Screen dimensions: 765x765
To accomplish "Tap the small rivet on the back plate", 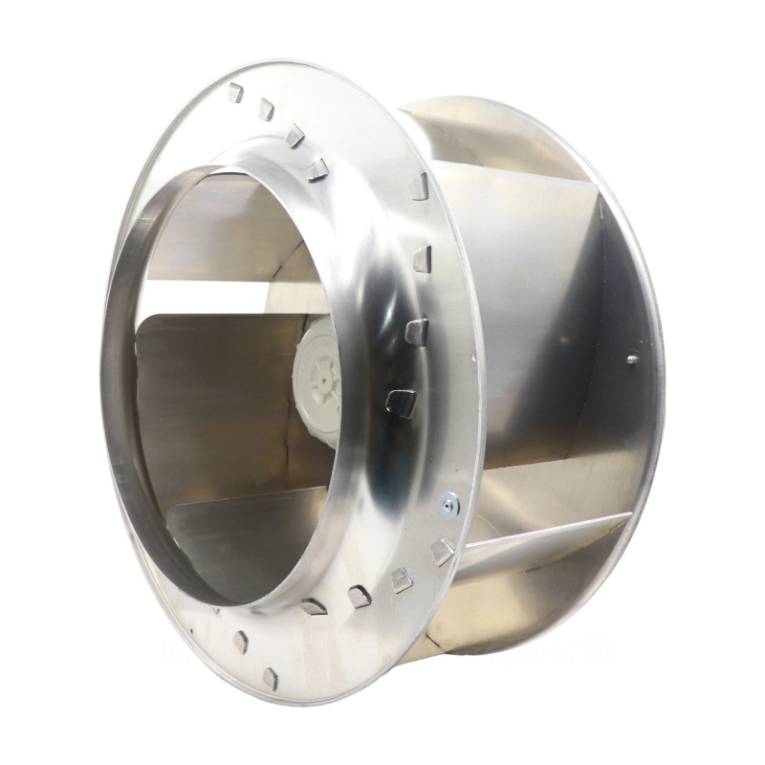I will [631, 361].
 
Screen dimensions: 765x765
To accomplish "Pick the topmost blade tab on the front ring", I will [235, 93].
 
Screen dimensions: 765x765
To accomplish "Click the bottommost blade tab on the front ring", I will [271, 678].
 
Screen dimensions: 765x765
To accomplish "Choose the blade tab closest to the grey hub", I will [402, 402].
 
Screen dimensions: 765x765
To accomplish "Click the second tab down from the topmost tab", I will [266, 110].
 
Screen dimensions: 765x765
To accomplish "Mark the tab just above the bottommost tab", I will [240, 642].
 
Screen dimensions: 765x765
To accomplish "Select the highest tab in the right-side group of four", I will [419, 186].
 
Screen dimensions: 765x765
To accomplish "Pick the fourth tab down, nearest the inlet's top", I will [317, 169].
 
